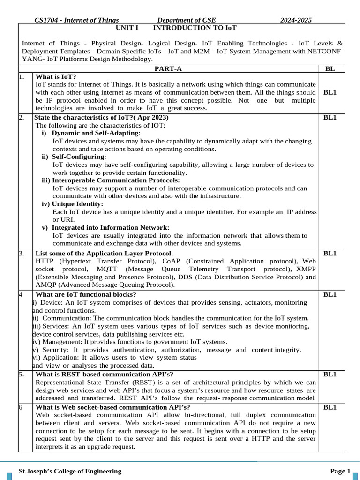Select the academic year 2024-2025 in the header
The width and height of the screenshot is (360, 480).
pos(296,20)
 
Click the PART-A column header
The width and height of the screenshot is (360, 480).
pos(168,69)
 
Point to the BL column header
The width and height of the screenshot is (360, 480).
pos(330,69)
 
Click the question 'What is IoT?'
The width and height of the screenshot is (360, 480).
pos(56,77)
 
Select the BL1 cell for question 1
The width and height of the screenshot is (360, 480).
pos(330,92)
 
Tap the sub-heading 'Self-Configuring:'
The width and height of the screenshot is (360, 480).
pos(79,157)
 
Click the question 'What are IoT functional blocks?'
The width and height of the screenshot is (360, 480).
pos(86,294)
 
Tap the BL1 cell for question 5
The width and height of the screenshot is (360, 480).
pos(330,374)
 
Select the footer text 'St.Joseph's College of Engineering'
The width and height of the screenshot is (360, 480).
pos(69,471)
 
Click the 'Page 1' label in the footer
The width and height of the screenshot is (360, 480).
pos(340,471)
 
